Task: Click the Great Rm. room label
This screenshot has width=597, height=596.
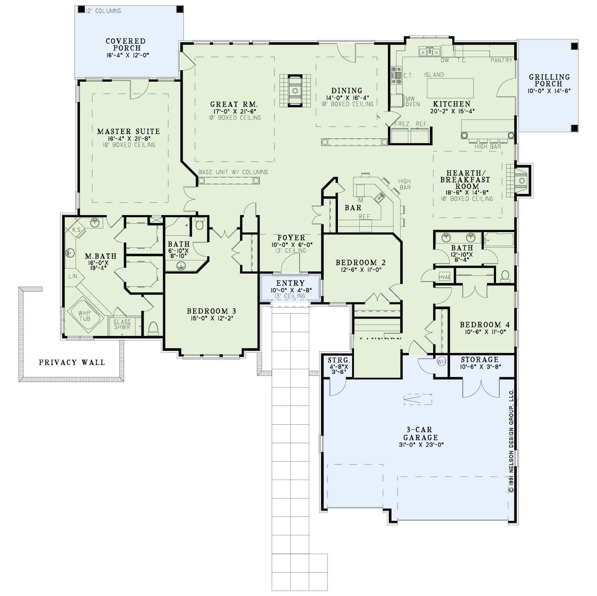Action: coord(234,104)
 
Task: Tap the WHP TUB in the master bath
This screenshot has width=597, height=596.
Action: coord(84,316)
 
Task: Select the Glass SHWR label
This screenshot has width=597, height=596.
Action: coord(122,324)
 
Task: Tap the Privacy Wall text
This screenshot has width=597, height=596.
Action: coord(72,362)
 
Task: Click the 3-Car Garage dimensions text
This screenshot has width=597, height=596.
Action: coord(420,445)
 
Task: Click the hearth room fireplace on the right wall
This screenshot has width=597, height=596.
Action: coord(521,180)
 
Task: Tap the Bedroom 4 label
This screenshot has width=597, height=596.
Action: coord(484,325)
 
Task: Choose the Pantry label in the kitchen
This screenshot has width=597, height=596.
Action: coord(501,60)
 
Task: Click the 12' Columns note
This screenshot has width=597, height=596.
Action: coord(103,11)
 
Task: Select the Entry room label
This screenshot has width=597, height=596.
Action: coord(290,283)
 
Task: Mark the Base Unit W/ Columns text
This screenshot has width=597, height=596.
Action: coord(233,172)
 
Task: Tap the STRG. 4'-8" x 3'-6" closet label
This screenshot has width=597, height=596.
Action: coord(339,360)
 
